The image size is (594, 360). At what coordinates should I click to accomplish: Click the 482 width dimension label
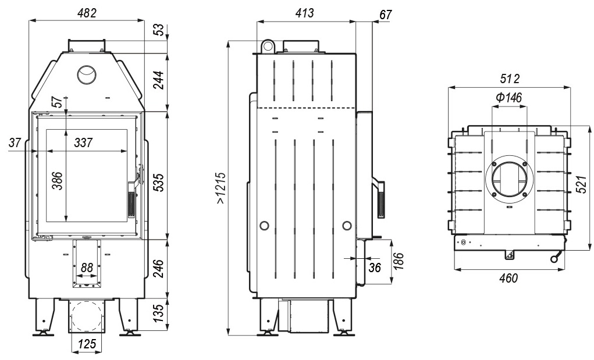[87, 13]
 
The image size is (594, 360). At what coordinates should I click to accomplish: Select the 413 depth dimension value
[305, 13]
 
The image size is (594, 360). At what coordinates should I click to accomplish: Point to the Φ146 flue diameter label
[508, 98]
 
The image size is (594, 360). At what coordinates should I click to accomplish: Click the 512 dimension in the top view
[510, 79]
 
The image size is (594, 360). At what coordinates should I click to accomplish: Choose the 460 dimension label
[508, 278]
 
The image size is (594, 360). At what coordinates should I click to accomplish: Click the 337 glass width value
[83, 142]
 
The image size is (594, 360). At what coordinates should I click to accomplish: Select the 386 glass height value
[57, 181]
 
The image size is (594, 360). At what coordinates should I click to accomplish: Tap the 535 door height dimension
[158, 182]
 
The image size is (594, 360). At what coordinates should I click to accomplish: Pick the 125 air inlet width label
[87, 344]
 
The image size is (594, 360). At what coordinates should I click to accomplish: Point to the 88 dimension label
[87, 268]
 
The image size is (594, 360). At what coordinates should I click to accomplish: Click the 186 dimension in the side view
[399, 261]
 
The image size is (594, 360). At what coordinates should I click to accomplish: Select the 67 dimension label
[385, 15]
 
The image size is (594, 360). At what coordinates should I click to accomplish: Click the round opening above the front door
[87, 74]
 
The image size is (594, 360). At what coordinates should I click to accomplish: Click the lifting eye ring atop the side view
[268, 46]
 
